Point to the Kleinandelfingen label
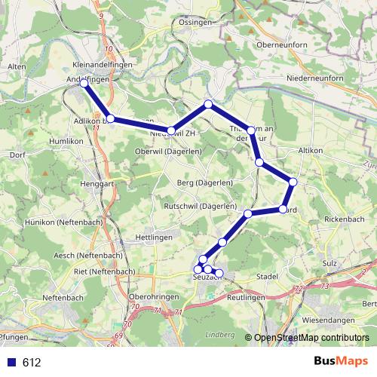103,66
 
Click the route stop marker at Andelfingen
84,84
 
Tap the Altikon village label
311,151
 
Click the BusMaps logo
341,361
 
